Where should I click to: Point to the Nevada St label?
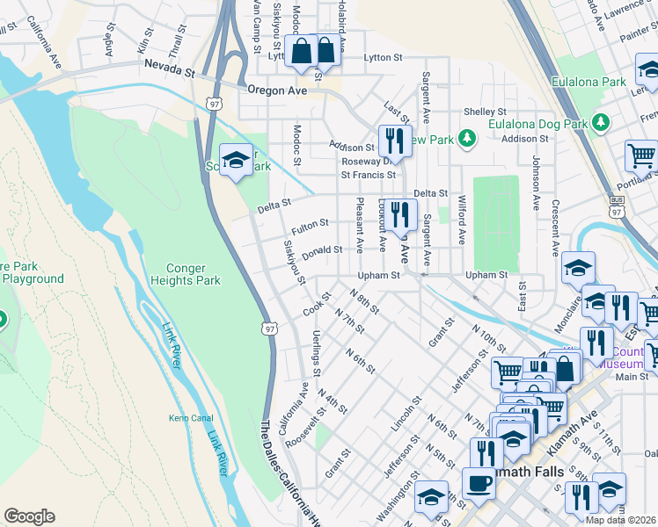click(168, 68)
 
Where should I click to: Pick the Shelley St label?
click(485, 112)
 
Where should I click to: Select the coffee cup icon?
click(479, 482)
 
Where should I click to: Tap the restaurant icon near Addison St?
click(394, 141)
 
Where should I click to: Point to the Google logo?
click(29, 516)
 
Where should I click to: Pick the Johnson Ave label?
click(535, 184)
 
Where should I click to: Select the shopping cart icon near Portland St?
click(641, 156)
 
